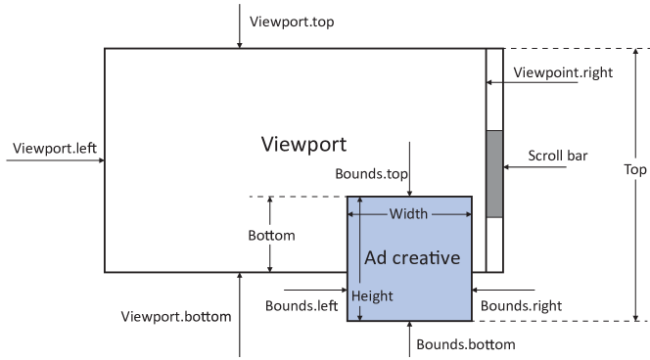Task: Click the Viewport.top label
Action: (292, 21)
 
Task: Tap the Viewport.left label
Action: (53, 149)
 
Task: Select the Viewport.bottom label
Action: (175, 317)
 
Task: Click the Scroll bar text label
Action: (557, 155)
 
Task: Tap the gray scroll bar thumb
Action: (493, 173)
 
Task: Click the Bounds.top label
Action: (371, 173)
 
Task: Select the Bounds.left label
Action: (302, 305)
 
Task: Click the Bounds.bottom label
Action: (465, 344)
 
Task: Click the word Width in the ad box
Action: (408, 213)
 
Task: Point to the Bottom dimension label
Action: (271, 236)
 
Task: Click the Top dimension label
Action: (634, 169)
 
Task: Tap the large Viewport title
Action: (304, 145)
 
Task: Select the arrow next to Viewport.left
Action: (59, 161)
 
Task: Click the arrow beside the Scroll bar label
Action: (529, 167)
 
